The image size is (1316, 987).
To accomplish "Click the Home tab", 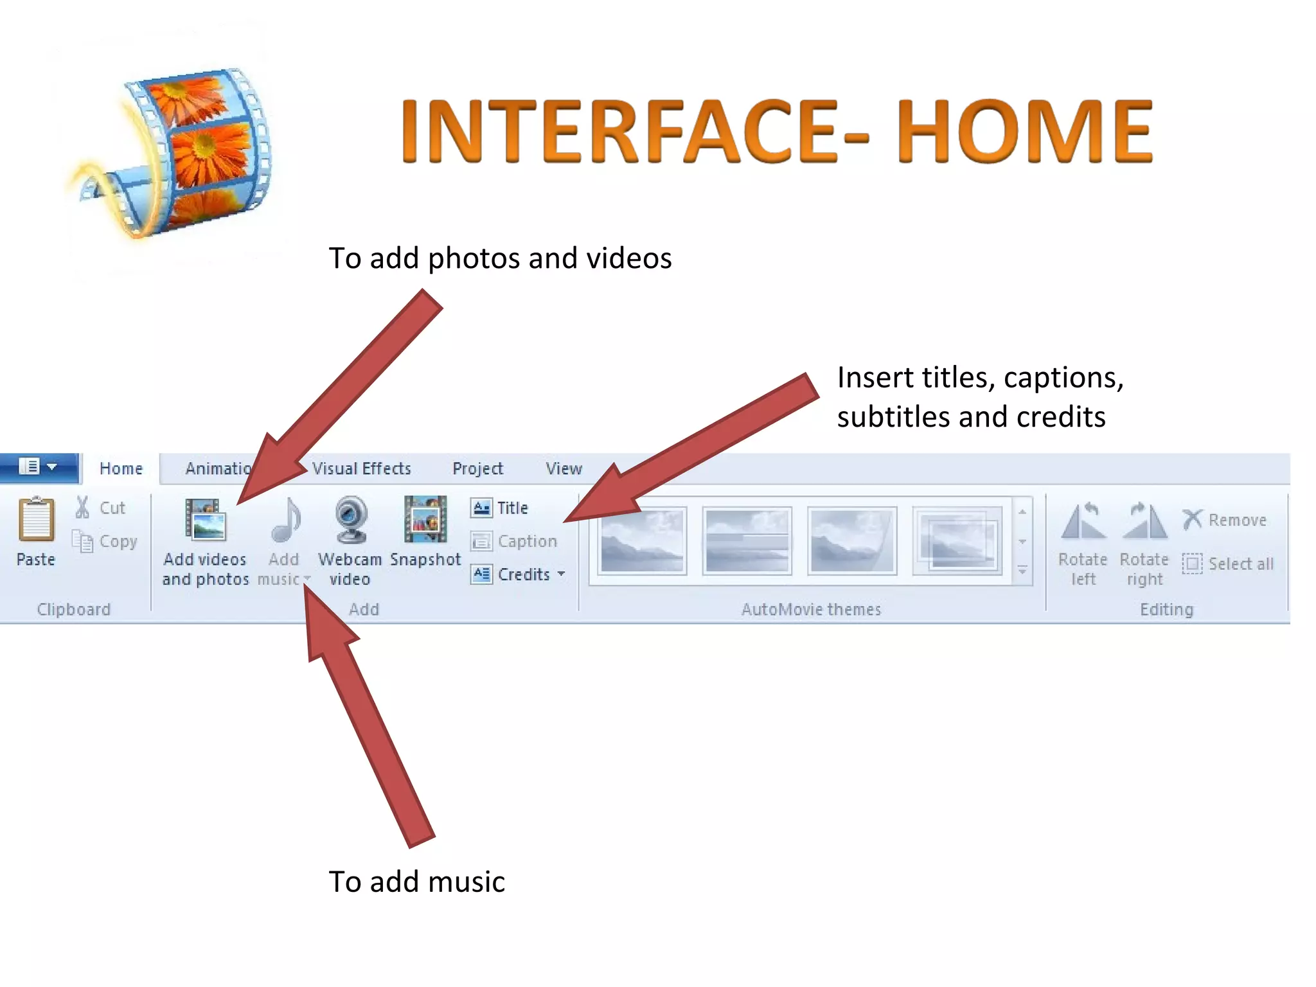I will (x=121, y=468).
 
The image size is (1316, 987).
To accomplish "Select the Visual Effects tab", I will (x=361, y=468).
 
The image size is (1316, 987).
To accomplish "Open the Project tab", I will (x=477, y=468).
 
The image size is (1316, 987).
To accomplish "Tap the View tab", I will (x=564, y=468).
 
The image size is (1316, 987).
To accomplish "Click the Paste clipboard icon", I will (x=36, y=520).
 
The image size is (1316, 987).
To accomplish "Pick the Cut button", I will (x=101, y=508).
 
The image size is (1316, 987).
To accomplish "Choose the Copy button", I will (x=105, y=541).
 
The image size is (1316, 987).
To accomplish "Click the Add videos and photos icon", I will (x=206, y=520).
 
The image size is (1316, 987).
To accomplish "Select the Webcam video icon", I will (x=351, y=520).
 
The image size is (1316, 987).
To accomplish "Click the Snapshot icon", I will (x=425, y=520).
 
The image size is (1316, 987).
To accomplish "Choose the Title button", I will (x=500, y=508).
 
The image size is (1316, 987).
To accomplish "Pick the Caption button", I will (x=514, y=541).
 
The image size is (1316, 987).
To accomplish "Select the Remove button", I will (x=1225, y=519).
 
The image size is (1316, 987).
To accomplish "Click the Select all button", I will (x=1228, y=564).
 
